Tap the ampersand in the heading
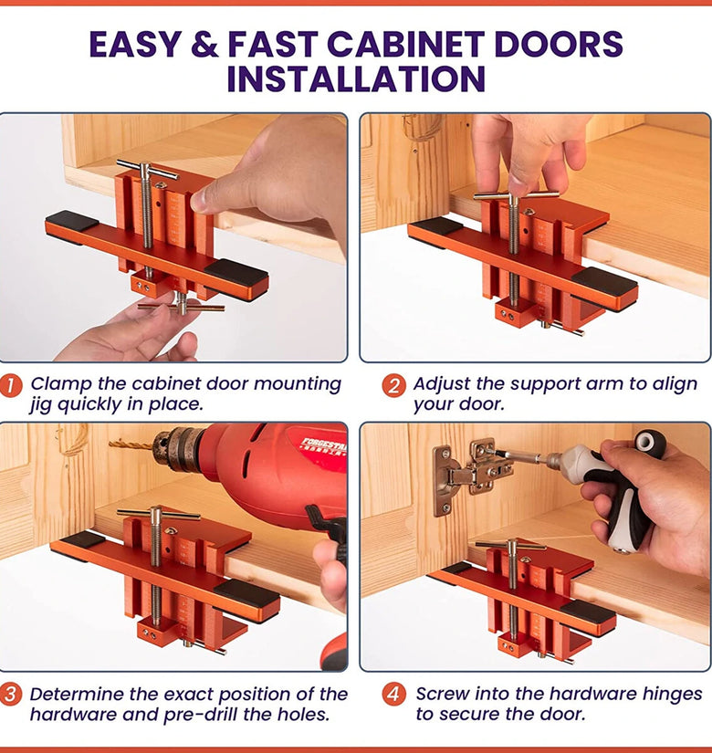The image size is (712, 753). (204, 44)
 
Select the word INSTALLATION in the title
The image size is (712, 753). (356, 79)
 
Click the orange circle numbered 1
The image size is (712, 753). (11, 385)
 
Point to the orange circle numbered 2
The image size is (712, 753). (393, 385)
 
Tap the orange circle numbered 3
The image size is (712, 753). (11, 695)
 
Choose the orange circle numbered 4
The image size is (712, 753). (393, 695)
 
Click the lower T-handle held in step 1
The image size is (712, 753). (181, 307)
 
